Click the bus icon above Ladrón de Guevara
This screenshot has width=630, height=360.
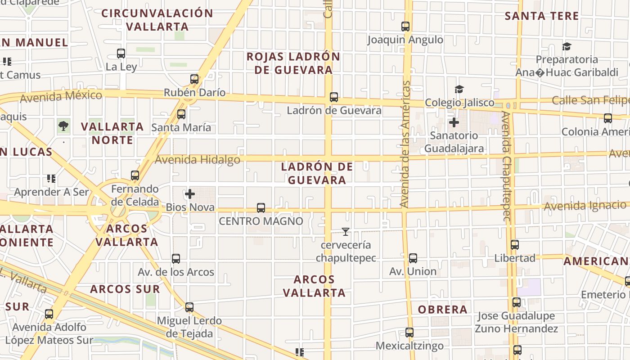tap(334, 97)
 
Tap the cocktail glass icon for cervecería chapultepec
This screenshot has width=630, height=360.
tap(345, 232)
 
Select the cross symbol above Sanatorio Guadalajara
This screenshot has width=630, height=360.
tap(454, 122)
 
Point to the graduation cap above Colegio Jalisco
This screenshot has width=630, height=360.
tap(459, 90)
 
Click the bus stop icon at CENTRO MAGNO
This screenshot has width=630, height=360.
tap(261, 208)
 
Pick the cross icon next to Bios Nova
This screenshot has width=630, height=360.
tap(190, 194)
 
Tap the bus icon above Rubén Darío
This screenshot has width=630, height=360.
tap(194, 79)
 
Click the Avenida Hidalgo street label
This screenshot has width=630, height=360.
tap(198, 159)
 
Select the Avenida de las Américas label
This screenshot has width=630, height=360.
tap(405, 144)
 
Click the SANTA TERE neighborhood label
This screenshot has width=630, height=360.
tap(542, 16)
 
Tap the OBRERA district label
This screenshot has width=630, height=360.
tap(443, 310)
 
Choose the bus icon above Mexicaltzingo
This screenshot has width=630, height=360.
tap(409, 333)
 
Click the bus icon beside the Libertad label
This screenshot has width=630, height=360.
tap(515, 245)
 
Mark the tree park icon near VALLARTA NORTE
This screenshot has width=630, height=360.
tap(64, 126)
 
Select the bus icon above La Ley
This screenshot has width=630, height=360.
tap(121, 54)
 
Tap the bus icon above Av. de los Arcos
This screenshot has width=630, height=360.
tap(176, 259)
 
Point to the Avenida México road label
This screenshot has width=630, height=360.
tap(61, 96)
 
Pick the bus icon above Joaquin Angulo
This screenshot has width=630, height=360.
tap(405, 27)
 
